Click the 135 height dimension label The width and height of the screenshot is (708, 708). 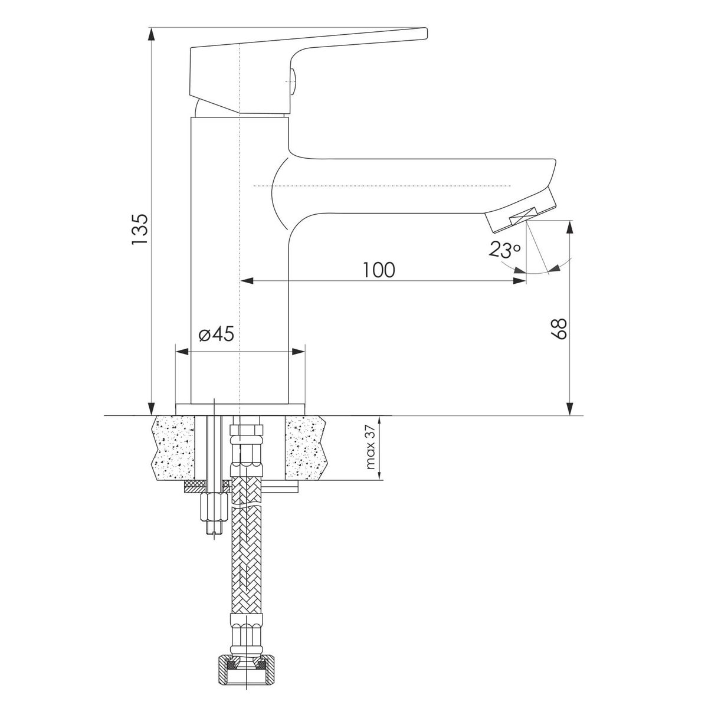pyautogui.click(x=140, y=228)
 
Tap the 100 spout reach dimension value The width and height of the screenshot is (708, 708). pyautogui.click(x=379, y=270)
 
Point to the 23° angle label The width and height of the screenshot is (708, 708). pyautogui.click(x=504, y=249)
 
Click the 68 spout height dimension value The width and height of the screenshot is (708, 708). pyautogui.click(x=559, y=329)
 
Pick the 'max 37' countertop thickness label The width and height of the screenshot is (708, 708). pyautogui.click(x=370, y=447)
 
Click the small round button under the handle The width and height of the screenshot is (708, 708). pyautogui.click(x=293, y=81)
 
